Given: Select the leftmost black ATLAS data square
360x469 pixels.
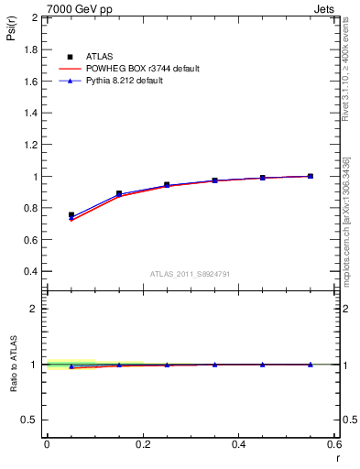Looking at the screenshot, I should [x=71, y=215].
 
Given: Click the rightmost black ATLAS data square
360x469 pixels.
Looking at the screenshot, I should [x=310, y=176].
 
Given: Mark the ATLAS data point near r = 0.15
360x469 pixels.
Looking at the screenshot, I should [x=119, y=193].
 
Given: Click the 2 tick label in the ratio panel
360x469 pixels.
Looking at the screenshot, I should [x=35, y=309].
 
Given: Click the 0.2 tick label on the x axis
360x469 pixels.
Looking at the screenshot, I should [x=143, y=444].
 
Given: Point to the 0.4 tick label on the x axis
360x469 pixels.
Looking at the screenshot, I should [x=238, y=444].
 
